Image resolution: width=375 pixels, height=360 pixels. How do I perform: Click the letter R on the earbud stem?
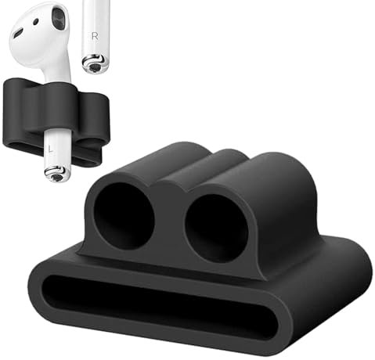(x=95, y=36)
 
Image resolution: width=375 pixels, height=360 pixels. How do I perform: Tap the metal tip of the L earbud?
(x=55, y=174)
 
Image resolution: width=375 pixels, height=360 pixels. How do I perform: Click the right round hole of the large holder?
(x=216, y=227)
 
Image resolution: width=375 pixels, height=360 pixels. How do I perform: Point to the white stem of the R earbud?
(x=96, y=23)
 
